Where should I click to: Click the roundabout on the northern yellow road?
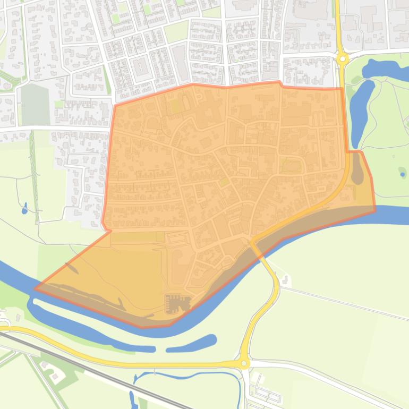(343, 58)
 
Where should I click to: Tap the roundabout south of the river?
(244, 363)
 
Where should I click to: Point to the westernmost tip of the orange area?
(35, 289)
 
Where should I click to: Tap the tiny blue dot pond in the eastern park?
(403, 174)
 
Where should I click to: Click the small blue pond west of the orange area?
(24, 209)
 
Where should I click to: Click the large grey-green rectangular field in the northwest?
(35, 105)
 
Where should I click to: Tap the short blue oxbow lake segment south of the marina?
(191, 344)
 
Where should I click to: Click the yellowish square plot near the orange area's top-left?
(175, 106)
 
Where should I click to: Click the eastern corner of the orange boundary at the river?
(375, 210)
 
